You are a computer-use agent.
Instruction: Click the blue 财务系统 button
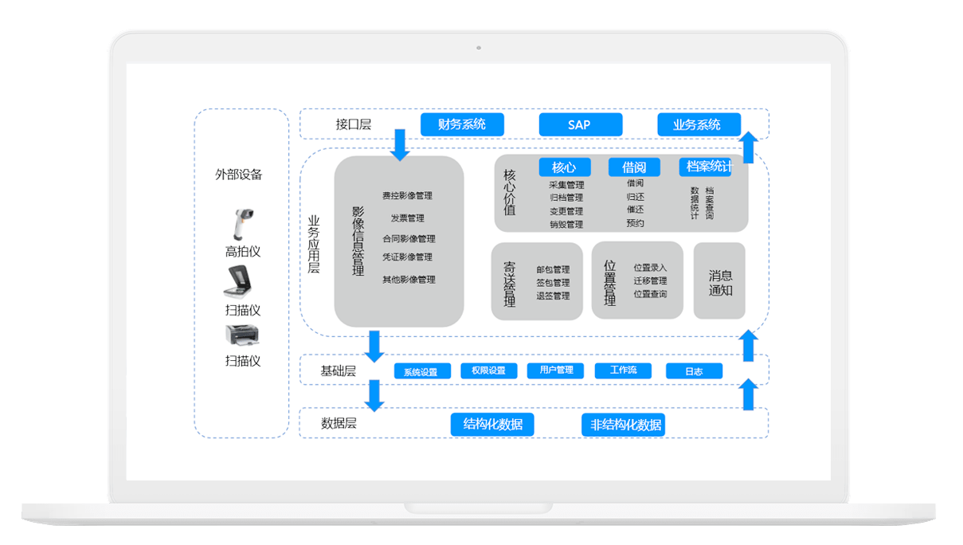pos(462,124)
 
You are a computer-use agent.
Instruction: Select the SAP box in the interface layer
pos(580,124)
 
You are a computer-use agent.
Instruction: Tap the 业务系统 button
pos(698,124)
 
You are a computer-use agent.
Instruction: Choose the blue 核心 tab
pos(564,167)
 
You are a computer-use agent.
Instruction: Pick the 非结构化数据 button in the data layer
pos(624,425)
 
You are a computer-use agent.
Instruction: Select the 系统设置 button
pos(421,371)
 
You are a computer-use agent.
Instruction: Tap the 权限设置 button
pos(488,371)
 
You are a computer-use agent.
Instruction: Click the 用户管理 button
pos(556,371)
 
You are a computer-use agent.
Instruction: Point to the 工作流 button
pos(624,371)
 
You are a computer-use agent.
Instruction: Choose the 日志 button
pos(694,371)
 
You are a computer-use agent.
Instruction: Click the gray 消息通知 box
pos(720,282)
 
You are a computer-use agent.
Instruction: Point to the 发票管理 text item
pos(407,218)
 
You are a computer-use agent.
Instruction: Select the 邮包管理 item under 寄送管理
pos(553,269)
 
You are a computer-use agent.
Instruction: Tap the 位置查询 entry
pos(650,295)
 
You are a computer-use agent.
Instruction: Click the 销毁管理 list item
pos(566,225)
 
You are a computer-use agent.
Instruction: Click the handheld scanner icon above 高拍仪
pos(241,224)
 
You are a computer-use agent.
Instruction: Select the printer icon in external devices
pos(242,335)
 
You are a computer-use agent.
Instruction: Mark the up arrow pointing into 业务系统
pos(748,147)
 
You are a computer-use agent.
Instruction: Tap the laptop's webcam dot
pos(479,48)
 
